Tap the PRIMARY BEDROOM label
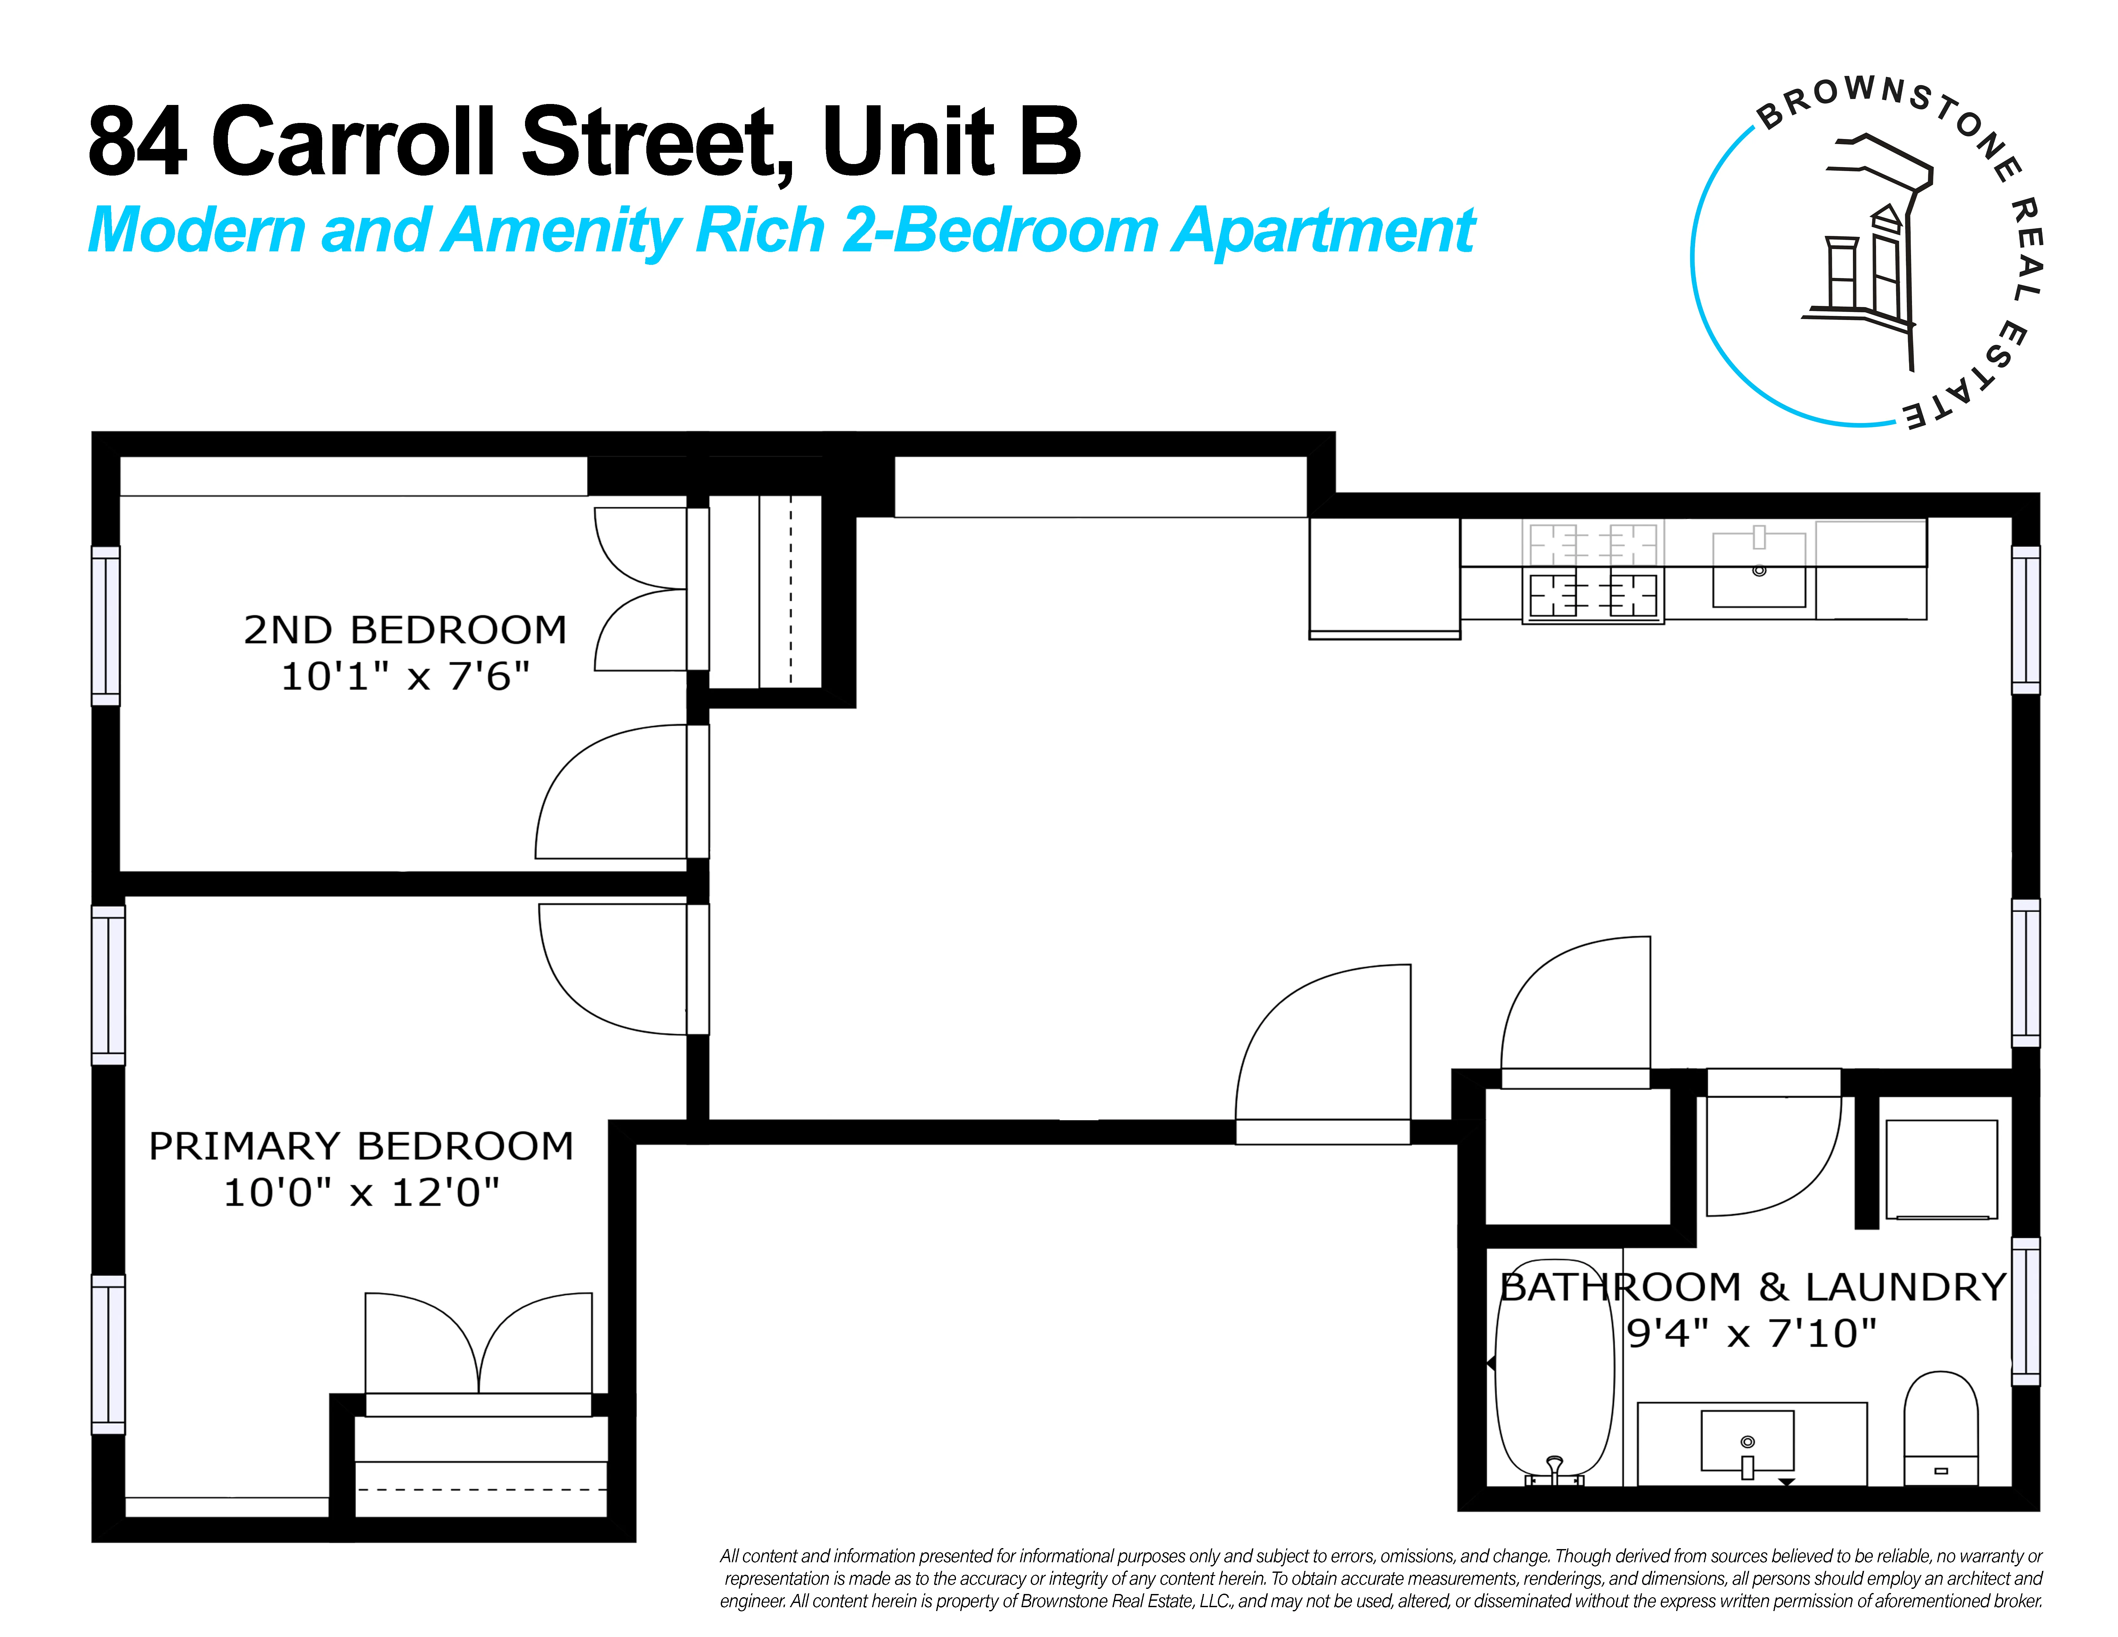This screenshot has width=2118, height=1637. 361,1146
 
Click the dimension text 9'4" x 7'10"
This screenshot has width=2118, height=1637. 1752,1333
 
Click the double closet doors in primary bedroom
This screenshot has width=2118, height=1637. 478,1348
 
